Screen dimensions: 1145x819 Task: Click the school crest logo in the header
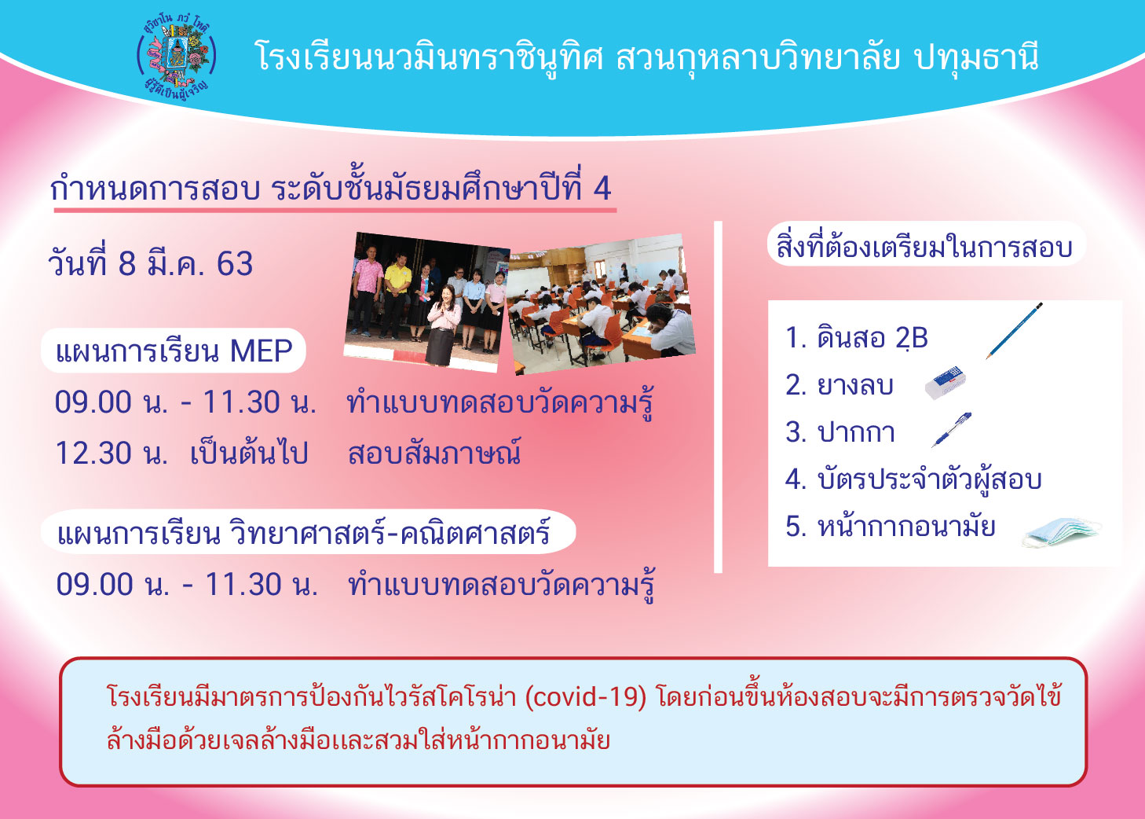(177, 58)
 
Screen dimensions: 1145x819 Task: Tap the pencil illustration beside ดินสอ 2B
(1014, 331)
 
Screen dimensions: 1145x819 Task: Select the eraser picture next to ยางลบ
(946, 383)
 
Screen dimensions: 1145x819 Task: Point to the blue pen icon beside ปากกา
(951, 430)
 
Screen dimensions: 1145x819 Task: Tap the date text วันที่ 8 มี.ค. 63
(150, 264)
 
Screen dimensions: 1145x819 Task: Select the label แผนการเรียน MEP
(174, 351)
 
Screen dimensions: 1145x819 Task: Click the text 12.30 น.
(112, 454)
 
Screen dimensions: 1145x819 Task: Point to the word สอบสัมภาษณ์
(434, 452)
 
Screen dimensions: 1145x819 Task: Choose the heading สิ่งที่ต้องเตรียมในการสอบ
(924, 246)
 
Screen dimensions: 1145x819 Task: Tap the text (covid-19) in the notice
(586, 697)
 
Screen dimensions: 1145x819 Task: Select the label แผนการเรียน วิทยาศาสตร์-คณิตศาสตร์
(304, 532)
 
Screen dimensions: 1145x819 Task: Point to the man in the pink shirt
(366, 291)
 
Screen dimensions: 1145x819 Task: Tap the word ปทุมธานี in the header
(976, 57)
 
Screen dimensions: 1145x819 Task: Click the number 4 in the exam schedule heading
(602, 189)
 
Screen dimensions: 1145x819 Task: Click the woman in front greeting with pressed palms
(443, 325)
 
